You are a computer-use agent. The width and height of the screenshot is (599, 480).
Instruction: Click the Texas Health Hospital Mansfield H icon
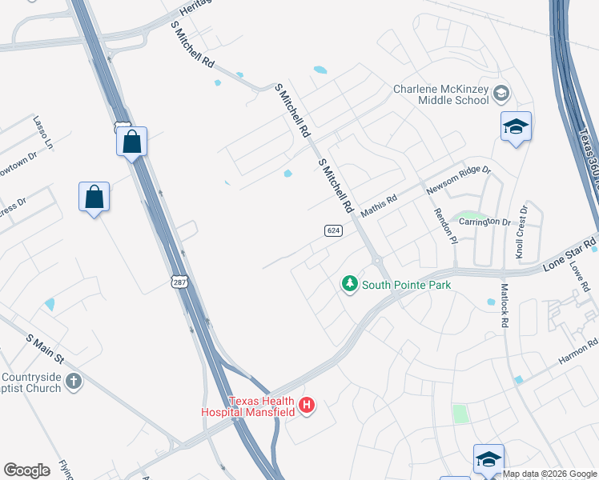click(305, 406)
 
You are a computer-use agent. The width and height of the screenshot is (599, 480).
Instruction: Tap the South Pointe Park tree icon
click(349, 284)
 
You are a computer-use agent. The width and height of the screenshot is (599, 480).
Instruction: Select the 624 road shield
click(334, 230)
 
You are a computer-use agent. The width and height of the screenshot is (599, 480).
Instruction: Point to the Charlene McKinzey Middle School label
click(440, 95)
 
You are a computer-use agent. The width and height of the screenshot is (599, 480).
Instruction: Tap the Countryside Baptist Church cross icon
click(73, 381)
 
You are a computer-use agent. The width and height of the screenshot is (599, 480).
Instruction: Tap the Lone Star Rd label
click(570, 254)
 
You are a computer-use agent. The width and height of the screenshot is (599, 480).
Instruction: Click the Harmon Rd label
click(578, 353)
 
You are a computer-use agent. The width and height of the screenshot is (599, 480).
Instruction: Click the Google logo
click(26, 470)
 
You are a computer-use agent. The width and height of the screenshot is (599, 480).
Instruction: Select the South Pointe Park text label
click(406, 285)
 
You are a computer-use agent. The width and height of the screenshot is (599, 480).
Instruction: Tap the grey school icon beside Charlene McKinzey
click(501, 94)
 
